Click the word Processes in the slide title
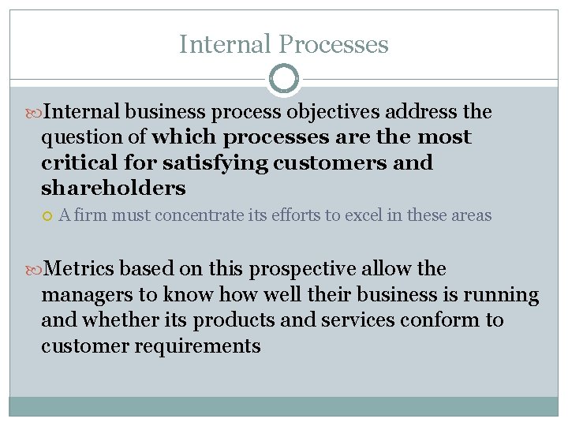tap(334, 44)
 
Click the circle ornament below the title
tap(284, 79)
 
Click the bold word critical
tap(80, 163)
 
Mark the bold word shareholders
tap(114, 188)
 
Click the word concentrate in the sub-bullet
tap(200, 215)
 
